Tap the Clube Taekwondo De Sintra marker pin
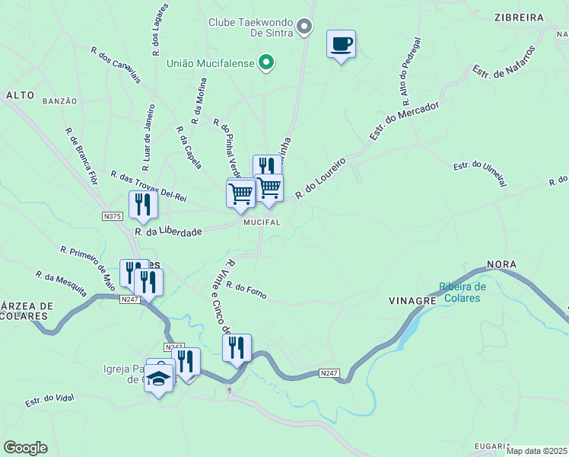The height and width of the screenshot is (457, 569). click(304, 27)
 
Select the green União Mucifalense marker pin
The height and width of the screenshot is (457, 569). click(265, 62)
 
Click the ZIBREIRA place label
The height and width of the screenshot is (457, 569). click(518, 17)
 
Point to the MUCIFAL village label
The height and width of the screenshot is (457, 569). click(262, 222)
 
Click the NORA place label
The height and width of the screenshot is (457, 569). click(502, 264)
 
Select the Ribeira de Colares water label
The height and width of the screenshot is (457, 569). click(461, 292)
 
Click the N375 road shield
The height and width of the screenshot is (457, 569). click(112, 216)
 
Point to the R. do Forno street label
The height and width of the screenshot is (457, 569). click(246, 290)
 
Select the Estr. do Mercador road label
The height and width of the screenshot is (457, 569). click(405, 120)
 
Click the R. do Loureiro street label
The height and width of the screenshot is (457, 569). click(320, 179)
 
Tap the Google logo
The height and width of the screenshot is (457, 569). click(25, 448)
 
